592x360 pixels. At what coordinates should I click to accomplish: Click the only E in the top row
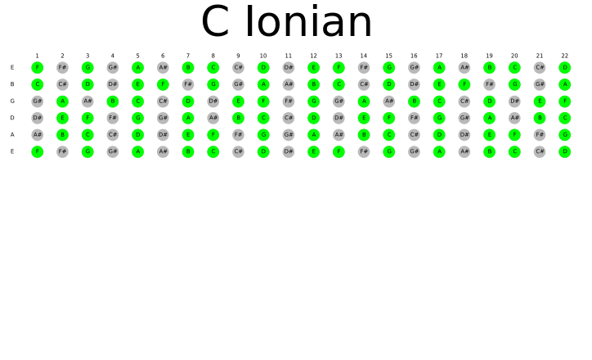(313, 67)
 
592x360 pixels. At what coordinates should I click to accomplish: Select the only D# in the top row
(288, 67)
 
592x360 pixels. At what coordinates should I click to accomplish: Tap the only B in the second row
(313, 84)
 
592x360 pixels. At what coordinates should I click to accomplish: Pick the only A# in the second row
(288, 84)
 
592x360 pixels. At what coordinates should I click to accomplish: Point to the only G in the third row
(313, 101)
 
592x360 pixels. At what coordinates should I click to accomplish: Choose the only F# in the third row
(288, 101)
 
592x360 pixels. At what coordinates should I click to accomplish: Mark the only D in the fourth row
(313, 118)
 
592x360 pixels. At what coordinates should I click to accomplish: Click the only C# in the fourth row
(288, 118)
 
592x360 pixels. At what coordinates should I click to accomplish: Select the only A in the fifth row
(313, 134)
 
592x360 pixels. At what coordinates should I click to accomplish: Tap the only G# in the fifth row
(288, 134)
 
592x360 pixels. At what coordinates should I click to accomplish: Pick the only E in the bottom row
(313, 151)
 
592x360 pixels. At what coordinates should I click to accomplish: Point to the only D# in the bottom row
(288, 151)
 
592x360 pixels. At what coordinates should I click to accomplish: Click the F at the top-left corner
(37, 67)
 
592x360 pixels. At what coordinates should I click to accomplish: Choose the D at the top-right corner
(564, 67)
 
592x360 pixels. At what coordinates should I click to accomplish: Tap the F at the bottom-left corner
(37, 151)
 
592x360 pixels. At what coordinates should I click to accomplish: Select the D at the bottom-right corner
(564, 151)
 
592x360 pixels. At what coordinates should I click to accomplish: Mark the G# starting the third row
(37, 101)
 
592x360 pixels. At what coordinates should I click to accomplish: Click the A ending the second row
(564, 84)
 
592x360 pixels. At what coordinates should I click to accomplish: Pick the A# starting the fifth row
(37, 134)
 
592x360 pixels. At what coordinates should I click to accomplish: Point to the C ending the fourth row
(564, 118)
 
